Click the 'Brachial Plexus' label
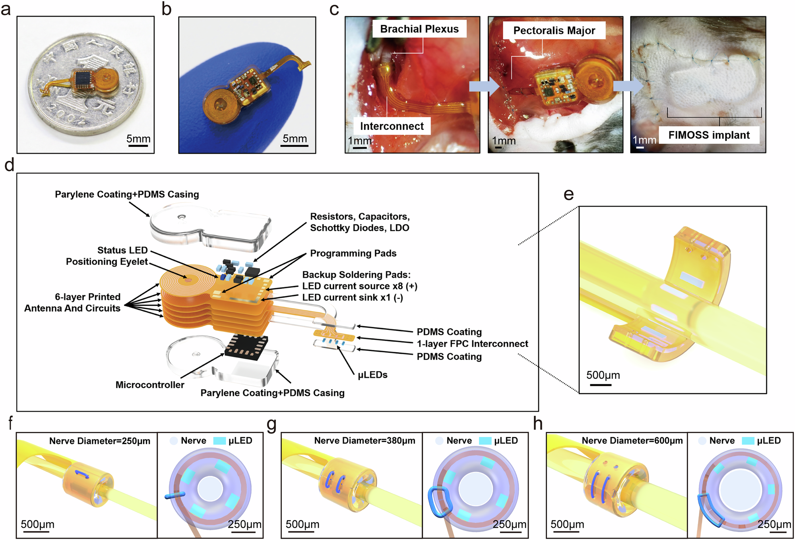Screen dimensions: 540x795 pyautogui.click(x=419, y=29)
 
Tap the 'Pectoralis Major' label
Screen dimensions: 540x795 pyautogui.click(x=554, y=31)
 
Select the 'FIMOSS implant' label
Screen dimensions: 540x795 pyautogui.click(x=709, y=135)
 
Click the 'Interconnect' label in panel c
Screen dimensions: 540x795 pyautogui.click(x=392, y=126)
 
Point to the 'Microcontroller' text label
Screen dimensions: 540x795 pyautogui.click(x=150, y=385)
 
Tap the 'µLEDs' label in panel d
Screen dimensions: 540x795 pyautogui.click(x=372, y=375)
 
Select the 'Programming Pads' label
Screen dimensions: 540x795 pyautogui.click(x=353, y=253)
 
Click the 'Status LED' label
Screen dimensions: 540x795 pyautogui.click(x=122, y=250)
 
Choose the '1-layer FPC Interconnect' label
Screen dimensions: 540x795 pyautogui.click(x=472, y=344)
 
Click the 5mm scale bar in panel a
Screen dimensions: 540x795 pyautogui.click(x=138, y=146)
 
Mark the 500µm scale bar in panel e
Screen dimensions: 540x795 pyautogui.click(x=600, y=385)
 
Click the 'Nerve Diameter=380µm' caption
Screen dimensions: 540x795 pyautogui.click(x=365, y=441)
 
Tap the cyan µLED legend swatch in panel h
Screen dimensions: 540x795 pyautogui.click(x=748, y=441)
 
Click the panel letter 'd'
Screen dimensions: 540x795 pyautogui.click(x=9, y=165)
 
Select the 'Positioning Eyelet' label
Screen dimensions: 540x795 pyautogui.click(x=107, y=262)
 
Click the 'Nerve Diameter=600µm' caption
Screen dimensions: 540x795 pyautogui.click(x=632, y=441)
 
